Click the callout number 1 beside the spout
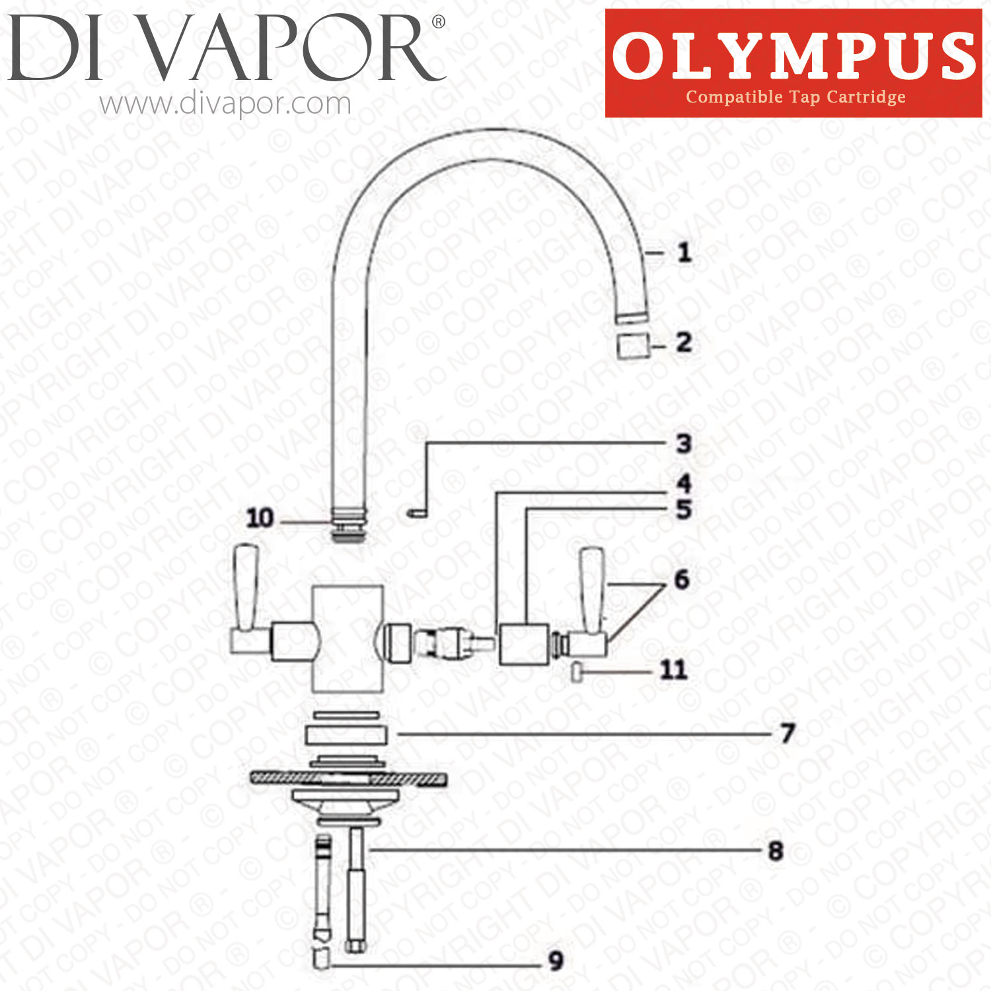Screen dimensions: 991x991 (x=684, y=252)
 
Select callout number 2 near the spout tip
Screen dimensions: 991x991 (x=684, y=342)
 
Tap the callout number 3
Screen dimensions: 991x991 (x=684, y=443)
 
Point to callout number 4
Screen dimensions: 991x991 (x=684, y=483)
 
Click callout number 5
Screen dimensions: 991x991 (x=684, y=509)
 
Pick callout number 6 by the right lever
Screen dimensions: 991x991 (x=682, y=579)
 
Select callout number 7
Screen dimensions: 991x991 (x=787, y=733)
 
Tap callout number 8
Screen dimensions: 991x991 (x=776, y=851)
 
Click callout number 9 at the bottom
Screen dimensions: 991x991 (x=556, y=961)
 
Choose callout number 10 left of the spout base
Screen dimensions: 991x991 (x=260, y=518)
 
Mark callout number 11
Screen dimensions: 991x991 (x=674, y=670)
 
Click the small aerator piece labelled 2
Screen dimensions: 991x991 (x=632, y=346)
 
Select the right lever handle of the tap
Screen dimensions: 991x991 (x=591, y=589)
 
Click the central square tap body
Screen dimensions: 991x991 (x=348, y=638)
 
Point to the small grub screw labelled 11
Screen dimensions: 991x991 (x=577, y=672)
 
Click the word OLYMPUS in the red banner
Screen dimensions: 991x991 (x=793, y=56)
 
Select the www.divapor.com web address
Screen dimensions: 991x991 (x=225, y=104)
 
